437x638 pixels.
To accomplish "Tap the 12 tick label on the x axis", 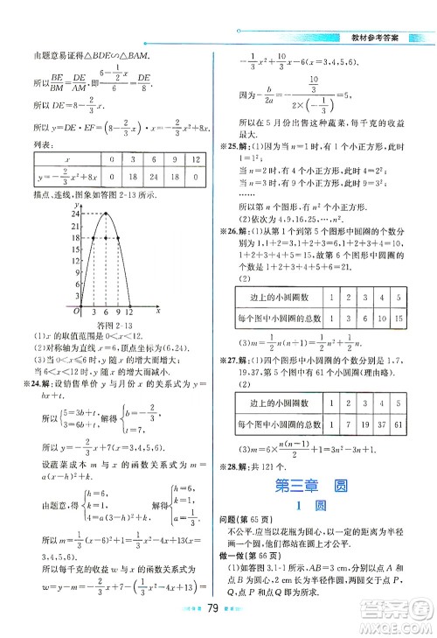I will pos(130,311).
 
